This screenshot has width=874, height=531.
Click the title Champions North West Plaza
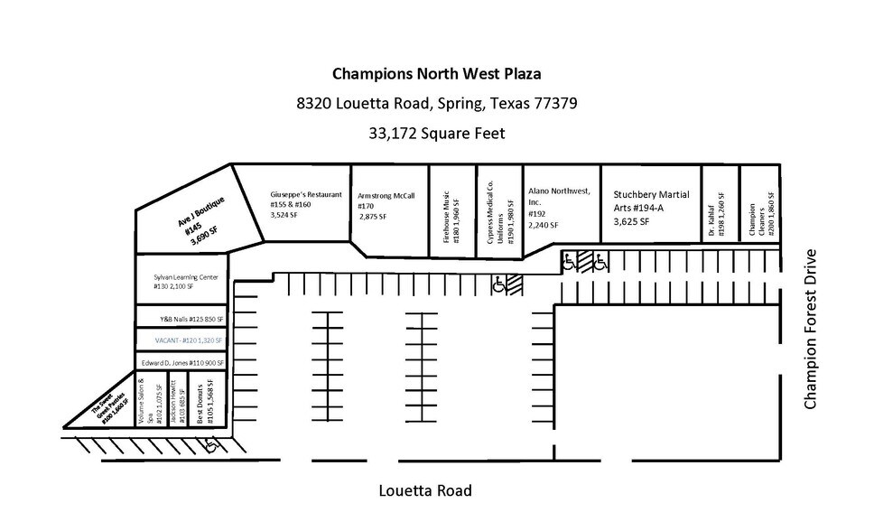[437, 73]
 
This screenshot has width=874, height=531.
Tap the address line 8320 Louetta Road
[437, 103]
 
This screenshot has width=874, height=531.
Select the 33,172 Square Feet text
[437, 133]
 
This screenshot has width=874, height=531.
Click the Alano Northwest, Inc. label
[559, 207]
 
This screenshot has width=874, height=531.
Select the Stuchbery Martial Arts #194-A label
[650, 207]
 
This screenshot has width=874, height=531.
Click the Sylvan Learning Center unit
[181, 282]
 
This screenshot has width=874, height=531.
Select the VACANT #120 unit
[181, 340]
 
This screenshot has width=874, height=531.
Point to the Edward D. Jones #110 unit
[181, 361]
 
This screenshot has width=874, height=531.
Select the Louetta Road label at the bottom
[424, 491]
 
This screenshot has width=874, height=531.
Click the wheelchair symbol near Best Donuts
[211, 444]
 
